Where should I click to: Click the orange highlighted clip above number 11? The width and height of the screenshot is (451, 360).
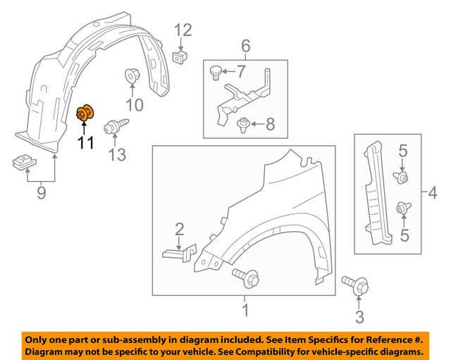click(x=87, y=112)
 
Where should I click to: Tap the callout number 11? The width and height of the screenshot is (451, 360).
click(x=85, y=143)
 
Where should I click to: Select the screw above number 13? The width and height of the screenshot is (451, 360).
click(x=113, y=129)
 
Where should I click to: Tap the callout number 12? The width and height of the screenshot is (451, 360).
click(x=183, y=30)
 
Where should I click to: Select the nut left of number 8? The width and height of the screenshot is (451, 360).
click(x=244, y=125)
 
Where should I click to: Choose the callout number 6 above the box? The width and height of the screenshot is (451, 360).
click(x=246, y=46)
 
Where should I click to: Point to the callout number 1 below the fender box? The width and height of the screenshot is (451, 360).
click(x=245, y=311)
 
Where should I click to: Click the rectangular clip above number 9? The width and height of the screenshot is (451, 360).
click(x=24, y=161)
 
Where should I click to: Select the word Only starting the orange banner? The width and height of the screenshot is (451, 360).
click(x=40, y=338)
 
